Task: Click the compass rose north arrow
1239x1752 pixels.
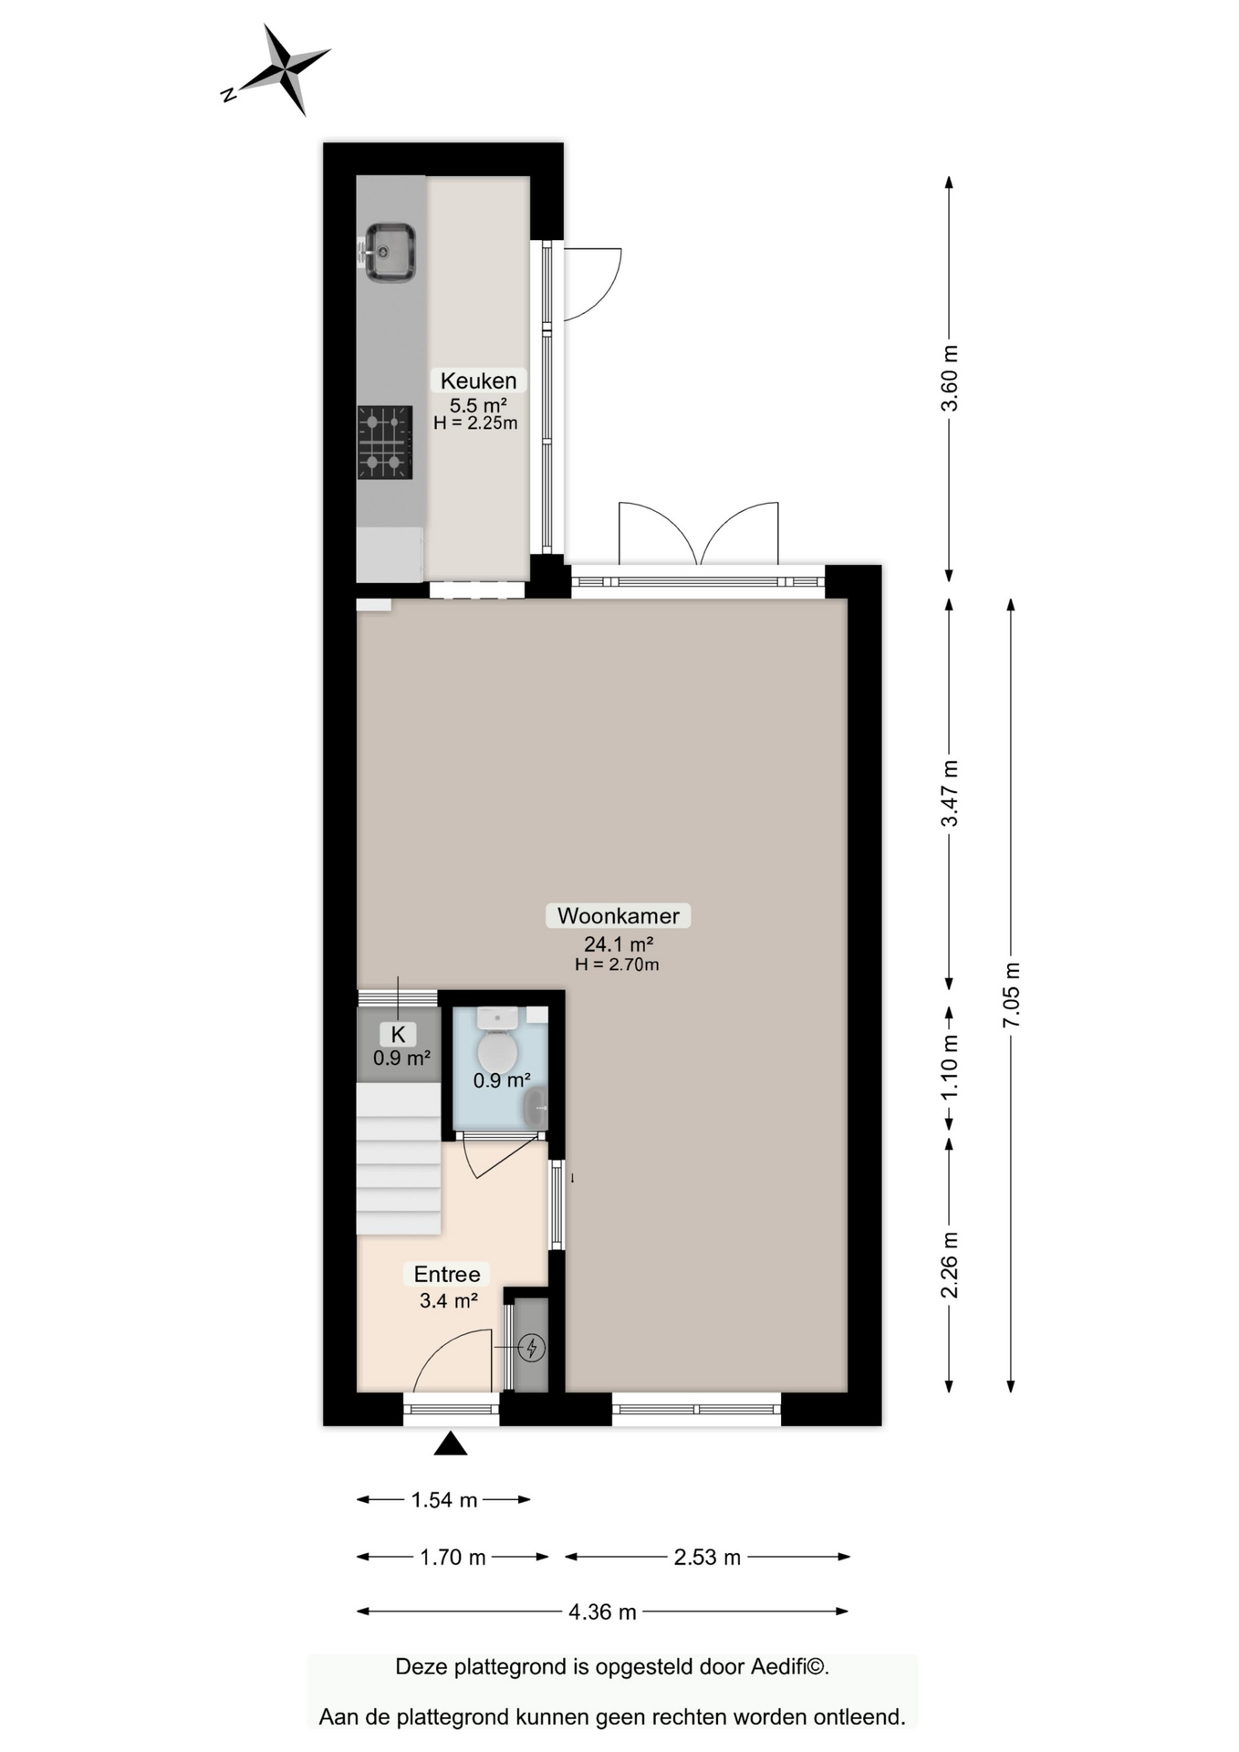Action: point(285,69)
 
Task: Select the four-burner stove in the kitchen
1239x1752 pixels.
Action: point(384,443)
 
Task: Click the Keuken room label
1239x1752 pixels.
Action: point(478,381)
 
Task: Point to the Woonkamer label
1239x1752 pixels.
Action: point(618,915)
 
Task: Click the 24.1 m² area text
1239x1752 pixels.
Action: point(618,944)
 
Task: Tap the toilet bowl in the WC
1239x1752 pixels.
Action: point(497,1051)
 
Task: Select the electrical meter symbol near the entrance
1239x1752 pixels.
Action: point(531,1347)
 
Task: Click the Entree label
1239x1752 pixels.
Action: point(446,1274)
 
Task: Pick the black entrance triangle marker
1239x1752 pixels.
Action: point(450,1444)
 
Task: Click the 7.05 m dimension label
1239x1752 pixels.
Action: point(1011,995)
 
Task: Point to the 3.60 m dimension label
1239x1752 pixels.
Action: point(949,378)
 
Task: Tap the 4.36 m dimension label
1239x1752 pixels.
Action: point(602,1611)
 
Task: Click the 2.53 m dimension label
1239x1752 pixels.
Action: point(707,1557)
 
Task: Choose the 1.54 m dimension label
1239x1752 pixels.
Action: point(444,1499)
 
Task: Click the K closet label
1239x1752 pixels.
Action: point(398,1034)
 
